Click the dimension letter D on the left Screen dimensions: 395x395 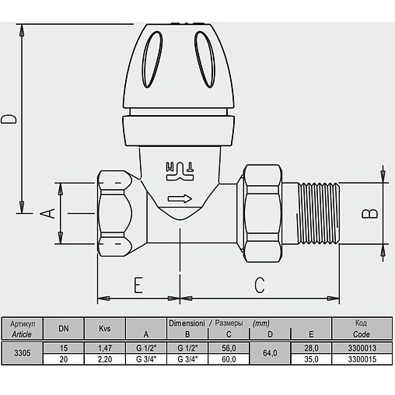click(x=9, y=118)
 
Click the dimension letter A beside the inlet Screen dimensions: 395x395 click(x=47, y=213)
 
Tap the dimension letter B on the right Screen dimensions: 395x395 click(x=370, y=214)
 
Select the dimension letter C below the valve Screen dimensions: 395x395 click(x=259, y=285)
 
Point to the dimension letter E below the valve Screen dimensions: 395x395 click(x=138, y=285)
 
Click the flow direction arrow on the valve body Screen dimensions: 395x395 click(x=180, y=199)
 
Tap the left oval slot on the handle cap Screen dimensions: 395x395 click(x=152, y=60)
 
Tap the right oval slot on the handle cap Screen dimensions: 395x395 click(x=205, y=60)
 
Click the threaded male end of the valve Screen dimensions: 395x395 click(x=318, y=213)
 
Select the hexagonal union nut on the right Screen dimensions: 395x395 click(x=263, y=213)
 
